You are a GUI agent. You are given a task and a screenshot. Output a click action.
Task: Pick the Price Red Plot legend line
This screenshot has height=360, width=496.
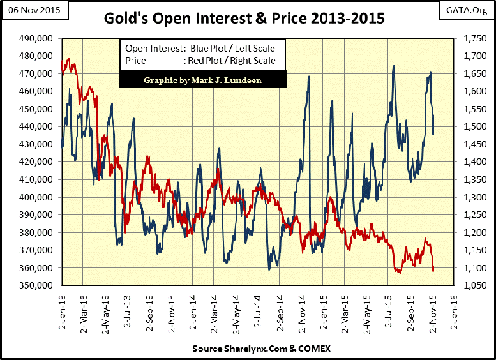pyautogui.click(x=200, y=61)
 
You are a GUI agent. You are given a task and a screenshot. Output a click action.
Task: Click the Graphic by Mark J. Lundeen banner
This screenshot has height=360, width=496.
pyautogui.click(x=202, y=80)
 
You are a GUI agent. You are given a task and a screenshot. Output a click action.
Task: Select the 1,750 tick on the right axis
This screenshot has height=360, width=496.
pyautogui.click(x=469, y=38)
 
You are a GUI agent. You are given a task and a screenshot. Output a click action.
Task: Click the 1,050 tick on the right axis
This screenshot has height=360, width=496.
pyautogui.click(x=469, y=285)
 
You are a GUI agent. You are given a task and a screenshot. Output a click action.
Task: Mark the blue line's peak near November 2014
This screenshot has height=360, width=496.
pyautogui.click(x=309, y=77)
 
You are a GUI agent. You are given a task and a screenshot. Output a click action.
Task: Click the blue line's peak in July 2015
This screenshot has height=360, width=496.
pyautogui.click(x=394, y=66)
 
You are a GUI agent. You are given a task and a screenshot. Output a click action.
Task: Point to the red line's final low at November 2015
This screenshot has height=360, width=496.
pyautogui.click(x=433, y=271)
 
